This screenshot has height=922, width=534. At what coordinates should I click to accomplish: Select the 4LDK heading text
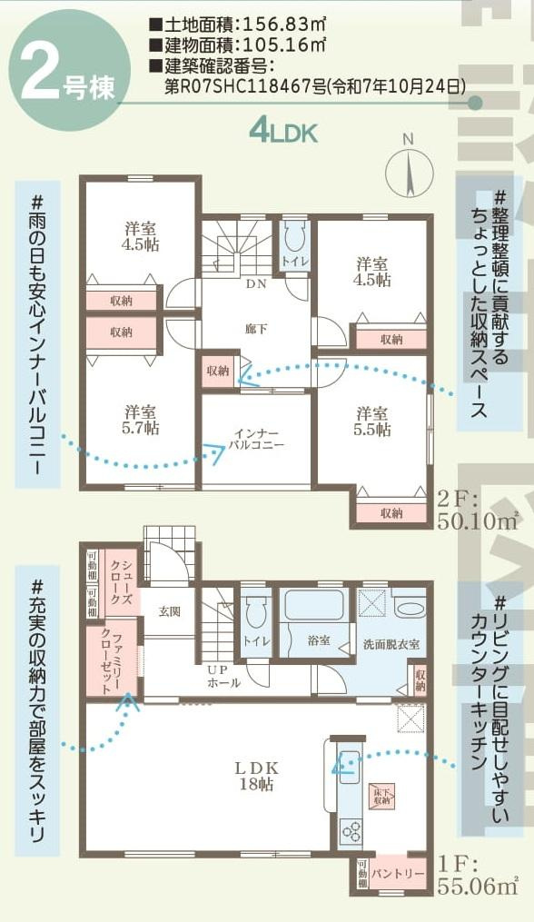click(282, 133)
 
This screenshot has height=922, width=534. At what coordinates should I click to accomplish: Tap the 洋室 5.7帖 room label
click(141, 419)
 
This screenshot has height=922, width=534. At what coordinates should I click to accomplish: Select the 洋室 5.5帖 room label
click(371, 421)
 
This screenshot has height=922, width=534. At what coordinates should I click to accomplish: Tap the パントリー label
click(398, 874)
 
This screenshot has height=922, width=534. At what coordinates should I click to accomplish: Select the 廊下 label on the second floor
click(257, 329)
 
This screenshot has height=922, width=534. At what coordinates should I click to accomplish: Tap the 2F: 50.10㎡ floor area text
click(476, 511)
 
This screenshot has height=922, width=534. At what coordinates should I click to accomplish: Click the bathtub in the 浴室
click(313, 604)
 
